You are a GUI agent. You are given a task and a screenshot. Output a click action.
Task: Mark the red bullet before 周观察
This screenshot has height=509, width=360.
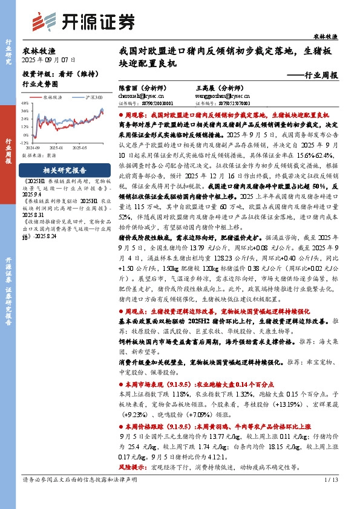[x=122, y=114]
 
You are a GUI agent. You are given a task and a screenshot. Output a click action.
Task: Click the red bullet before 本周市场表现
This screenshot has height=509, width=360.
[x=122, y=383]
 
